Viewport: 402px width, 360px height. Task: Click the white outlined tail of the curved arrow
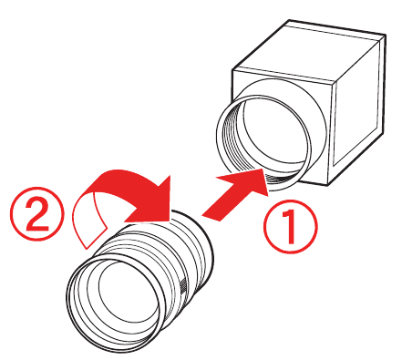91,219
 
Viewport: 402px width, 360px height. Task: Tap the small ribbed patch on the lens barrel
188,289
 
